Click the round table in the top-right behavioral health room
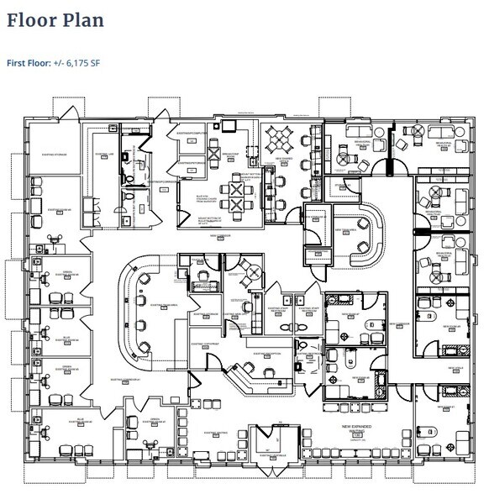412,131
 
